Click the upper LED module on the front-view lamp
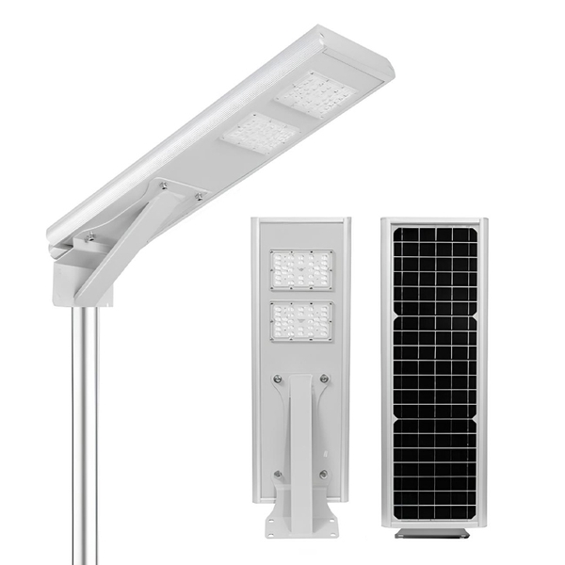[301, 269]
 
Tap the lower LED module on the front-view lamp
[301, 321]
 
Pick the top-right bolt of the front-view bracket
[324, 379]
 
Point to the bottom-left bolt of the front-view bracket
[277, 474]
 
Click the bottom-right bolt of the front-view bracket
[324, 474]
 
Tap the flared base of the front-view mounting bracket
[300, 514]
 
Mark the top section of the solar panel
[434, 269]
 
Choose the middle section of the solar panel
[434, 367]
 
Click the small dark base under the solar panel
[434, 533]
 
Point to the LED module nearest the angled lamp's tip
[315, 95]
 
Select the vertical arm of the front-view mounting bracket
[300, 433]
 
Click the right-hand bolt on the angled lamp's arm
[199, 196]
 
